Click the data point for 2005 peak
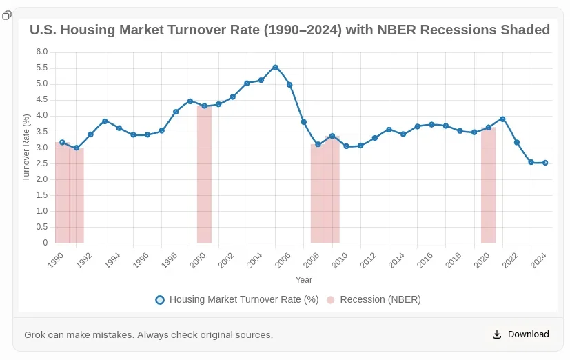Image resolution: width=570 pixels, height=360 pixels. coord(275,67)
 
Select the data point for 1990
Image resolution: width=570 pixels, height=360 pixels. coord(62,143)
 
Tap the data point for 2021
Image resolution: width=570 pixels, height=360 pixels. coord(502,119)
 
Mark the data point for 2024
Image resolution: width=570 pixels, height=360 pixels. coord(545,163)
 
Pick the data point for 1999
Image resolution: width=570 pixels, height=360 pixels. coord(190,101)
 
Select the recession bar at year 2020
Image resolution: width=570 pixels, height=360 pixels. coord(488,186)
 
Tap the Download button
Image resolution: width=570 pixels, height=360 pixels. coord(521,334)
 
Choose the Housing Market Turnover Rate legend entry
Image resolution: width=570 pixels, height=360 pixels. coord(237,299)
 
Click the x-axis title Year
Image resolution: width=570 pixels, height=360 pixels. coord(303,280)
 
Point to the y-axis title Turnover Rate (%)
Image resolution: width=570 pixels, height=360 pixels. coord(26,148)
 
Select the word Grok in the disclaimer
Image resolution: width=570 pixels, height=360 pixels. coord(37,335)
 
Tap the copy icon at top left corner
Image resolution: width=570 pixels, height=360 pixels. coord(7,15)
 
